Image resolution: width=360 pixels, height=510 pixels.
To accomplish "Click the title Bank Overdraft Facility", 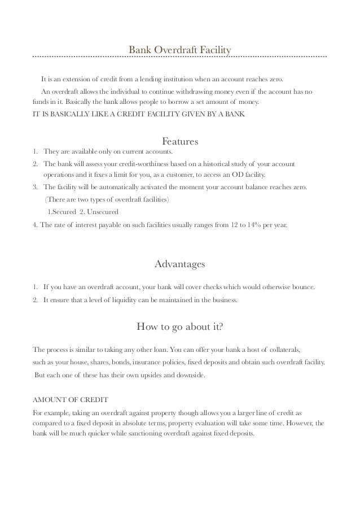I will (180, 51).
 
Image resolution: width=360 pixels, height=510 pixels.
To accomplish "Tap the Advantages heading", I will (179, 264).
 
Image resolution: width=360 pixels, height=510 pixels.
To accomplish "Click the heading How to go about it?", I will (179, 327).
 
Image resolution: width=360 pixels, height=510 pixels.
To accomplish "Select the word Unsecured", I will (103, 212).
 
